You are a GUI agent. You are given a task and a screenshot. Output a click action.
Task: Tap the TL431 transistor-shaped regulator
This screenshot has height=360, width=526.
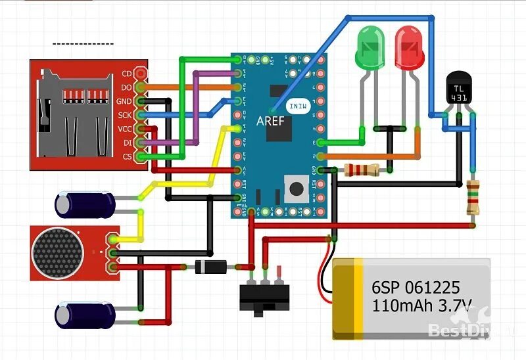tap(458, 89)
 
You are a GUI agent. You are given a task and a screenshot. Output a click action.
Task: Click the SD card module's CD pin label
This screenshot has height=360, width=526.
tap(127, 74)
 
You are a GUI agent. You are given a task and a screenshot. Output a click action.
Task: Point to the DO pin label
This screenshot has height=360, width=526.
tap(126, 87)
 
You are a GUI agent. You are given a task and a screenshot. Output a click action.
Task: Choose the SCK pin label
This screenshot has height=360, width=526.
tap(125, 115)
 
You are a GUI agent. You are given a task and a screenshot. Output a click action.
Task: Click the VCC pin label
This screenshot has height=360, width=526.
tap(125, 129)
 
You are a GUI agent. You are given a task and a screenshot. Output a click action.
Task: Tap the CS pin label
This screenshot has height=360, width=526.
tap(126, 156)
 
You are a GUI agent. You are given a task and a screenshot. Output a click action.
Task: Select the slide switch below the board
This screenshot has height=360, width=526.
tap(264, 299)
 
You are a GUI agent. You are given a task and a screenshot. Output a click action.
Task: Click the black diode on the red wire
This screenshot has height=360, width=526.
tap(210, 267)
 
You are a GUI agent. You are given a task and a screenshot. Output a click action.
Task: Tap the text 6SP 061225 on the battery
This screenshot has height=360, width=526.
tap(415, 287)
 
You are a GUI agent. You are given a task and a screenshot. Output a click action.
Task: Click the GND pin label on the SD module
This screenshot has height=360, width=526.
tap(124, 101)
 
